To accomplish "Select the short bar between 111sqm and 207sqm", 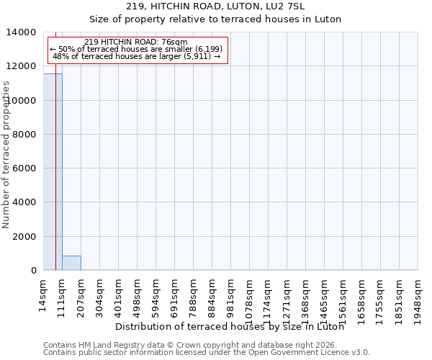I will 71,263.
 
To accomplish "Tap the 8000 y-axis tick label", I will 25,135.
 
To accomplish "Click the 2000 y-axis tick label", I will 25,237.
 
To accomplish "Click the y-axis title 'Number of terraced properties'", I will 6,154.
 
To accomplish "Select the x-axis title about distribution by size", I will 230,326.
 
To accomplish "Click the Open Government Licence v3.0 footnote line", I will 207,353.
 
